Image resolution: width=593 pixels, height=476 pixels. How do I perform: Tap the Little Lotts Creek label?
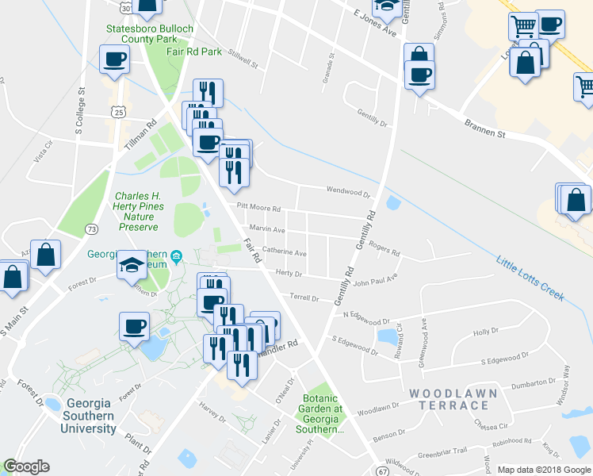click(530, 278)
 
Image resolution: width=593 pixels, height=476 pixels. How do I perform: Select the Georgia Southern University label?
click(90, 416)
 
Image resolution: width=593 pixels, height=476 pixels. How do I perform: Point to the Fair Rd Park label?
click(194, 51)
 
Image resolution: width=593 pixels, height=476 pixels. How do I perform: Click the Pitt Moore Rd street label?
click(258, 209)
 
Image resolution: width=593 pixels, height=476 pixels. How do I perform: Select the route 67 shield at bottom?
click(383, 470)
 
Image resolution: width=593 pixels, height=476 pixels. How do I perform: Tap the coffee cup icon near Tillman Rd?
click(114, 59)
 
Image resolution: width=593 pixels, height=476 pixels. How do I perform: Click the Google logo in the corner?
click(26, 467)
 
